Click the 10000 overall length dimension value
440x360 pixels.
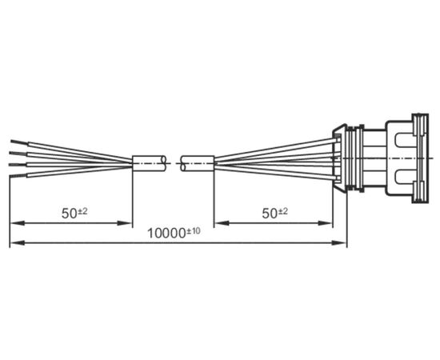(x=166, y=234)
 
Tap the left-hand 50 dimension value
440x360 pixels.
(x=69, y=214)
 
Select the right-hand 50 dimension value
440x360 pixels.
(x=270, y=214)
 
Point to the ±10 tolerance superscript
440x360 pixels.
(x=194, y=231)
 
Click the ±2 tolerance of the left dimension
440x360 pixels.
(x=82, y=211)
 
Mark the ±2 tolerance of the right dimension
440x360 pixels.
(x=282, y=211)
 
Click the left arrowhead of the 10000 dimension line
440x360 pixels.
(x=18, y=243)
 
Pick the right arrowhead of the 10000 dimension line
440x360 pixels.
(x=339, y=243)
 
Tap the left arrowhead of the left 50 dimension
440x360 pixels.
(x=18, y=223)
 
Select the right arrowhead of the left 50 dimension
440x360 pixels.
(x=125, y=223)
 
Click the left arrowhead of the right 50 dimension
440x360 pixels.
(x=222, y=223)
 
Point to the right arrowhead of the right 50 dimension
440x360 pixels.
(x=325, y=223)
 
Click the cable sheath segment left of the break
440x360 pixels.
(x=149, y=163)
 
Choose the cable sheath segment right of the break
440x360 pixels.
(x=198, y=163)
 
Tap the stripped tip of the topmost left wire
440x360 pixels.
(x=19, y=142)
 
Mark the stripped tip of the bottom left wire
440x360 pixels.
(x=18, y=176)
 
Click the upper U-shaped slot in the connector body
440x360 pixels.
(x=405, y=140)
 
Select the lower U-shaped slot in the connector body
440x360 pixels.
(x=405, y=177)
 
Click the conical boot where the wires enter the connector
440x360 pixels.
(x=339, y=158)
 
